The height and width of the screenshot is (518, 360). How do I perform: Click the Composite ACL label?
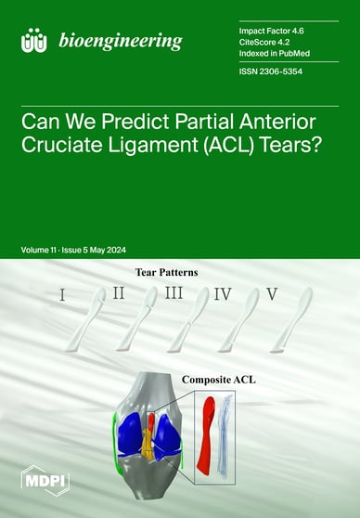(x=245, y=380)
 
